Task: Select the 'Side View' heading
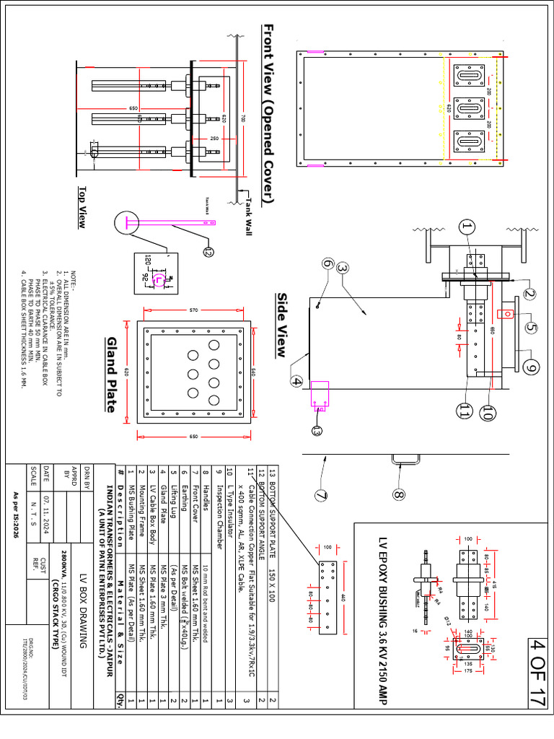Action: click(x=283, y=325)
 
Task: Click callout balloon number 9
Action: click(x=532, y=368)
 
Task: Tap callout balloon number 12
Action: click(x=208, y=251)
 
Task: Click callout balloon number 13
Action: click(x=317, y=431)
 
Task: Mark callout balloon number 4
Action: click(x=296, y=380)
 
